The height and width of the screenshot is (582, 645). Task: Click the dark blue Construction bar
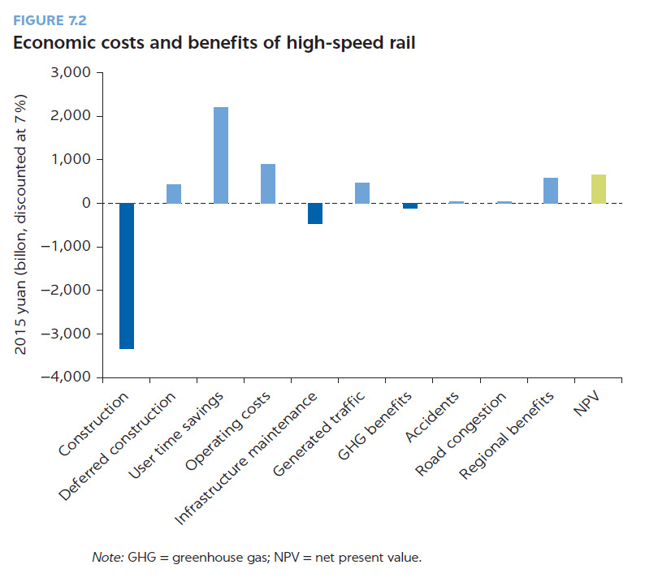tap(126, 276)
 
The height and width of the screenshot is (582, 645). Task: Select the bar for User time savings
tap(220, 155)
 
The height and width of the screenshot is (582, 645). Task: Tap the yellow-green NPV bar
tap(599, 188)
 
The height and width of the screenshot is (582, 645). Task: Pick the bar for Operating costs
tap(268, 183)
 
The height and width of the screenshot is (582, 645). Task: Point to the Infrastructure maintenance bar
tap(315, 213)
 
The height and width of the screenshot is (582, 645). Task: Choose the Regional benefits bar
tap(551, 190)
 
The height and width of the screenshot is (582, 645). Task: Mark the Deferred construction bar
tap(173, 193)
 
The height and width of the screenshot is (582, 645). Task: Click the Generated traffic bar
tap(362, 192)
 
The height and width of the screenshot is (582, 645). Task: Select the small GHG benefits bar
tap(409, 206)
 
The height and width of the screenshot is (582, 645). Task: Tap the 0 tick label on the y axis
tap(84, 203)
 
